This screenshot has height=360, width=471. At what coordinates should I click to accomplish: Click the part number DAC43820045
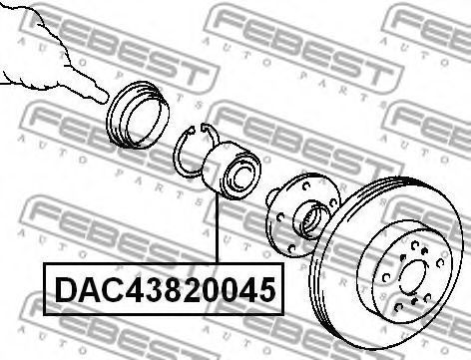coord(166,290)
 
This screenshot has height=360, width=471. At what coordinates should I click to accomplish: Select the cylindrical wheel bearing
coord(232,171)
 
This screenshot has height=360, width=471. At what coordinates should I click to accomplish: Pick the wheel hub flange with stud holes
coord(302,215)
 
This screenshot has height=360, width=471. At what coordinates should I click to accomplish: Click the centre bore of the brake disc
coord(413,276)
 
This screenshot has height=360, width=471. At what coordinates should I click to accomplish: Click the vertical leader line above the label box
coord(217,230)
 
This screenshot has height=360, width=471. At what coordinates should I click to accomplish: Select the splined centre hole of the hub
coord(312,220)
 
